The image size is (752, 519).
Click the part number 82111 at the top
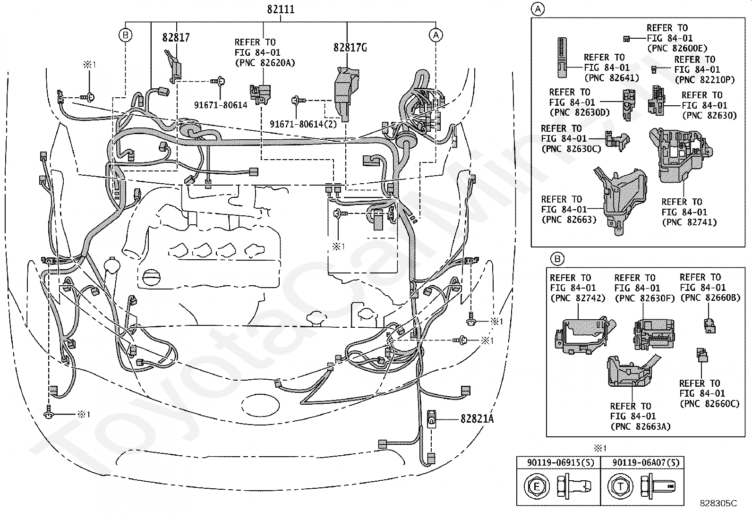pos(281,9)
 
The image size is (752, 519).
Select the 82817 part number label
pos(176,37)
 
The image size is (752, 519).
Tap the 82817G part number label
pos(350,48)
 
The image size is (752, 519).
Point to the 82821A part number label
pos(477,418)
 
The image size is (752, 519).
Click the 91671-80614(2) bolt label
pos(303,124)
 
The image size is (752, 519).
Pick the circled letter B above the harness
pos(126,35)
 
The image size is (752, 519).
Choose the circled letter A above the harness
pos(436,35)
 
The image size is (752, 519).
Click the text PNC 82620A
pos(265,63)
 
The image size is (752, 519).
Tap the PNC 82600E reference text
pos(677,48)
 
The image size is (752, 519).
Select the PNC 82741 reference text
pos(689,222)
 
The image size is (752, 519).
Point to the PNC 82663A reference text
pos(640,426)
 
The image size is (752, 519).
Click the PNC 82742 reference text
pos(577,298)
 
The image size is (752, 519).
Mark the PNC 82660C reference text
pos(709,403)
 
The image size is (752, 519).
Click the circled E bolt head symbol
pos(537,486)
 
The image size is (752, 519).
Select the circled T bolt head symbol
pos(620,486)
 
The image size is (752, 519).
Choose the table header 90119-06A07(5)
pos(646,463)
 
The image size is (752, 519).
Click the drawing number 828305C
pos(718,503)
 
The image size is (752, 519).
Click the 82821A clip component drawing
pos(432,418)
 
